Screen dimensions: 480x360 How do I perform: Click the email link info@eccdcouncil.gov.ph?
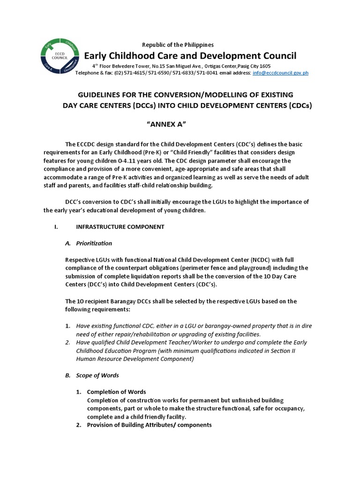point(280,73)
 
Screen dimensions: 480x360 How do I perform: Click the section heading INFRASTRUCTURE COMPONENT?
point(120,227)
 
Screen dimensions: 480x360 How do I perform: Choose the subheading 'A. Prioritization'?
point(89,243)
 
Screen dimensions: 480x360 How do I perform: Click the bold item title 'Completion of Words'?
point(116,392)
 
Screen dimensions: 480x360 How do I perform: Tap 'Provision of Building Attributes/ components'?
point(149,425)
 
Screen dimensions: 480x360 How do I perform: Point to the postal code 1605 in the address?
point(264,66)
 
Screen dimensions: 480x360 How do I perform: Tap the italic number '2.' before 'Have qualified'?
point(68,343)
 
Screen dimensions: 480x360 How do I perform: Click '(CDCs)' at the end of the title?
point(296,105)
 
